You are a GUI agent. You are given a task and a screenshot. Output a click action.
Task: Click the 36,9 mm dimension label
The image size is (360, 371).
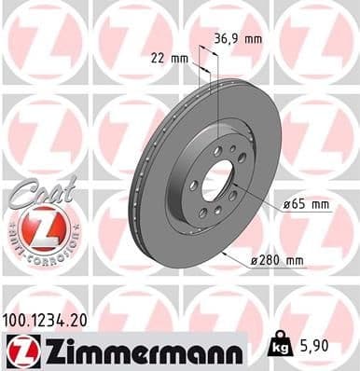tap(237, 39)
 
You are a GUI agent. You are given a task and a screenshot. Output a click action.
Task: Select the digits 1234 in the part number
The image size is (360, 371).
tap(50, 319)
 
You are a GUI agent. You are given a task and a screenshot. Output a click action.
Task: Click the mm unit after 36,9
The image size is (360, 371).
tap(251, 39)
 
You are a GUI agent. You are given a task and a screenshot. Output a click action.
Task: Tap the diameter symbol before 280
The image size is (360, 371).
tap(255, 260)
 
